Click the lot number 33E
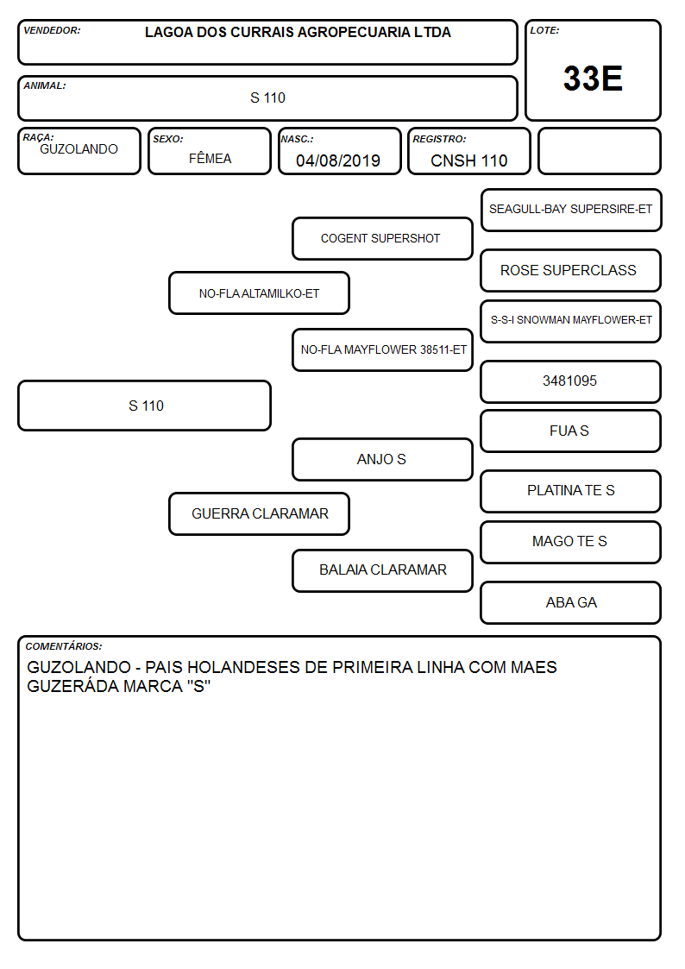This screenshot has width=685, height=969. (593, 79)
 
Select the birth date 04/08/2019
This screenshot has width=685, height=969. (338, 160)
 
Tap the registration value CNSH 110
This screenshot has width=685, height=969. (468, 160)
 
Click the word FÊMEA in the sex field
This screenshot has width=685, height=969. (210, 158)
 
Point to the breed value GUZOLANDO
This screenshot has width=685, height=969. (79, 149)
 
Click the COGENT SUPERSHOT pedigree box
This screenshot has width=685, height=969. (382, 238)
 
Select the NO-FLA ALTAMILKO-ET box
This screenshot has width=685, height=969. (259, 293)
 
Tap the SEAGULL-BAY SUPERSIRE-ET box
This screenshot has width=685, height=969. (571, 211)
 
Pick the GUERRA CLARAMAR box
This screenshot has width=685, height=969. (259, 514)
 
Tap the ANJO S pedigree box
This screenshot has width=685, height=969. (382, 460)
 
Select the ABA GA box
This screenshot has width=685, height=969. (571, 603)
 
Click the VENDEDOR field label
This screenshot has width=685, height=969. (52, 30)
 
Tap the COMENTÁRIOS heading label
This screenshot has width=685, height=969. (64, 646)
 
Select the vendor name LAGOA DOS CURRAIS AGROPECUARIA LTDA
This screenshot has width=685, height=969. (298, 33)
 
